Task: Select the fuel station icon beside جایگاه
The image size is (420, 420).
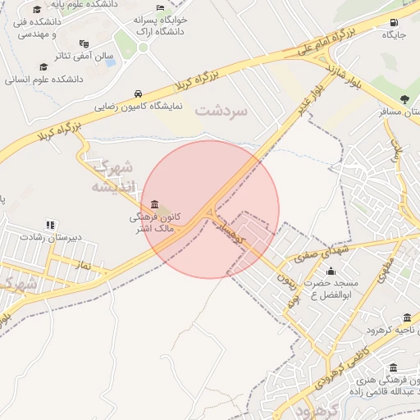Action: coord(395,22)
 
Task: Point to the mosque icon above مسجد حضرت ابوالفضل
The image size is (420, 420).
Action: coord(331,270)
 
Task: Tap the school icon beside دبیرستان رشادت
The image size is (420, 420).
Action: coord(51,224)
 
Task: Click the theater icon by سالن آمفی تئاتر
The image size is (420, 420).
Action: coord(84,43)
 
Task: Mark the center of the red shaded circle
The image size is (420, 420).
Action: coord(212,209)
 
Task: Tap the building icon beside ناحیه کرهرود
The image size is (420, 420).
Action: coord(408,318)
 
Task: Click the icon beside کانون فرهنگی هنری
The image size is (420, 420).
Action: coord(395,367)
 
